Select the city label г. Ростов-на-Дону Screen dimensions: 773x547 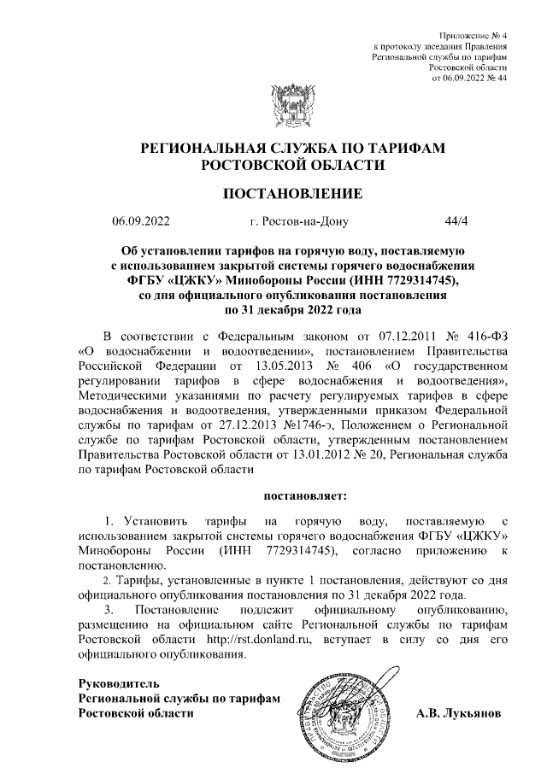[x=299, y=221]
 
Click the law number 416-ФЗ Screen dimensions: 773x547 [x=488, y=356]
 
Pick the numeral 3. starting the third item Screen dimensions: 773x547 [x=108, y=610]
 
